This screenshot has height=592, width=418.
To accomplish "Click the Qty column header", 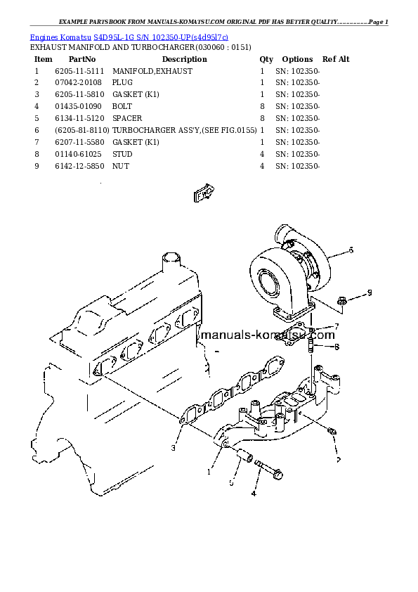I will [266, 59].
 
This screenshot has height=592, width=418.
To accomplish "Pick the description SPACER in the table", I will [127, 118].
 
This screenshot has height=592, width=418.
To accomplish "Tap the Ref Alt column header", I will [334, 59].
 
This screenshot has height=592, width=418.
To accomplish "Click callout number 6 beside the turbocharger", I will [351, 250].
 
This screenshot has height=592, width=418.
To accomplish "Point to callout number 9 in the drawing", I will [370, 292].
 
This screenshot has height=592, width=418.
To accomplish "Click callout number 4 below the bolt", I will [254, 494].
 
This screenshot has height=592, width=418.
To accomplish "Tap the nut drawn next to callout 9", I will [341, 301].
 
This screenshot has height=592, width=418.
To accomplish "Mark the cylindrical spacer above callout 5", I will [242, 456].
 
